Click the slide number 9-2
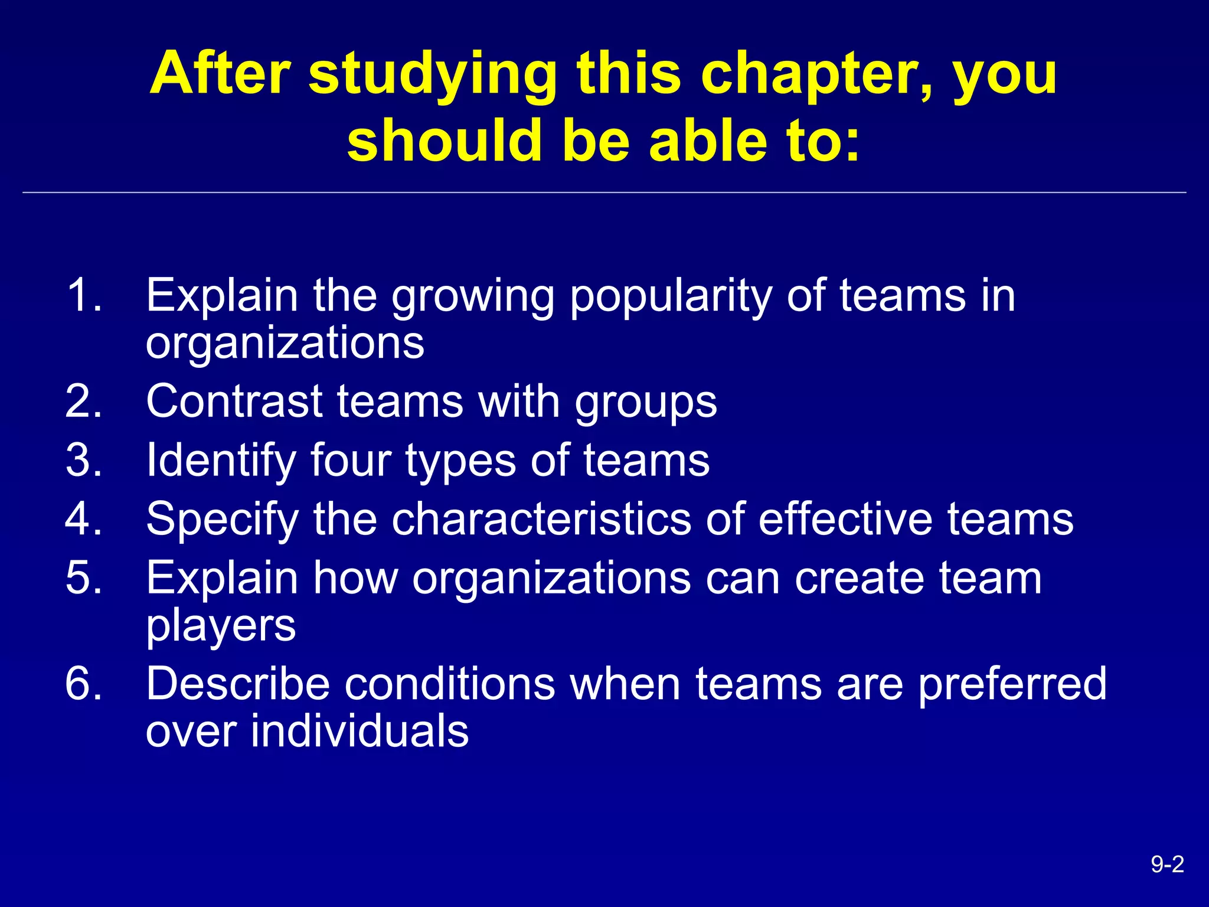[1167, 864]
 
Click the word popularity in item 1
[671, 296]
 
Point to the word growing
[473, 296]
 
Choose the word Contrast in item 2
[234, 402]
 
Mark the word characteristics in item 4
[541, 518]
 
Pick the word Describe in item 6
[237, 683]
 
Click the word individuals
[360, 730]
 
